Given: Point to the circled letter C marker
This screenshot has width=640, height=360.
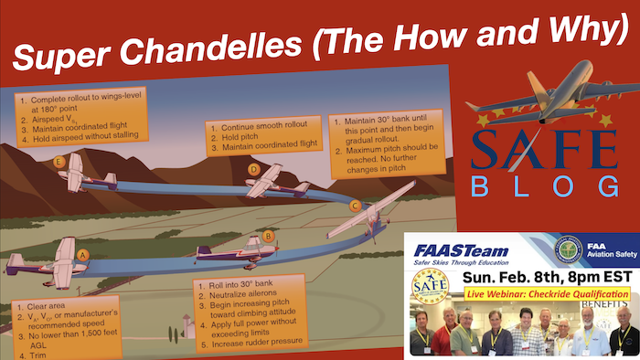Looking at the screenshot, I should point(354,206).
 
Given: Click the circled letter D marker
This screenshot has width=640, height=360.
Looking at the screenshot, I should point(254,169).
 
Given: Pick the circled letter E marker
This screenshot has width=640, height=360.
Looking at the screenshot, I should point(59,162).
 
